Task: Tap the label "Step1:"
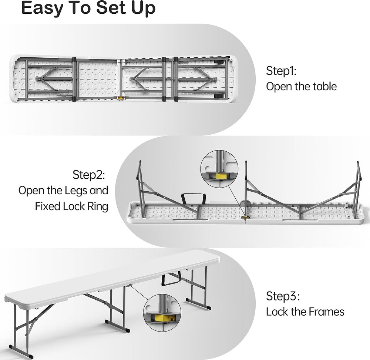pos(281,71)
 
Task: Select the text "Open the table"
pos(301,86)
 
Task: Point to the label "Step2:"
pos(89,175)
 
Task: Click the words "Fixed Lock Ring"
pos(72,206)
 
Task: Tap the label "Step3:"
pos(283,296)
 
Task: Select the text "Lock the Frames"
pos(305,312)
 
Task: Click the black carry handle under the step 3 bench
pos(171,277)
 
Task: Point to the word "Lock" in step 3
pos(277,312)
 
